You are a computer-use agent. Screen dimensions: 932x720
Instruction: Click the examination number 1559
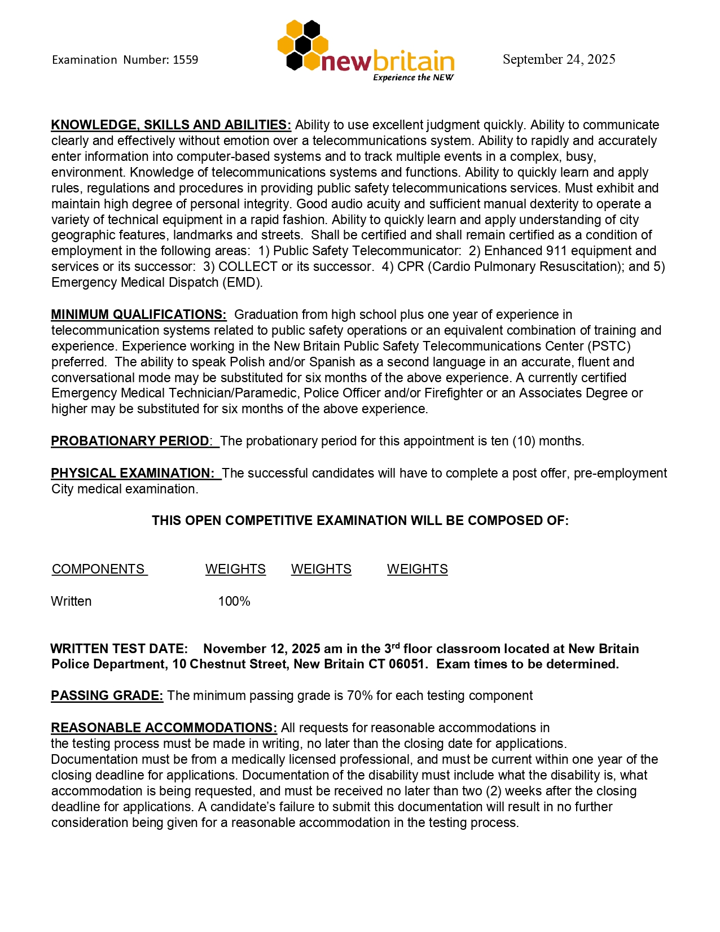pos(185,60)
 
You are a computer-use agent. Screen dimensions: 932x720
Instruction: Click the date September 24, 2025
pos(559,59)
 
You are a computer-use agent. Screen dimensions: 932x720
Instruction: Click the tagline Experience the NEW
pos(413,78)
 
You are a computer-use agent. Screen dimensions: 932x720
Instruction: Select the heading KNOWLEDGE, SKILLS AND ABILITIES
pos(171,125)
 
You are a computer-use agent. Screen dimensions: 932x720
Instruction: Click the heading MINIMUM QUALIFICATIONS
pos(139,314)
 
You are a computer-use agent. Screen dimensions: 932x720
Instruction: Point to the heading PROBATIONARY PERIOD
pos(130,441)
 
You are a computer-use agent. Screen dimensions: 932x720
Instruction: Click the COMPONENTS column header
pos(99,569)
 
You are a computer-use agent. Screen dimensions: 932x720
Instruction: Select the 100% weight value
pos(234,601)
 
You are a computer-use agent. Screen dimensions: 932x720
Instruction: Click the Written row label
pos(71,601)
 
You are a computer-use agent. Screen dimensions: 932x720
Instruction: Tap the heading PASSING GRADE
pos(107,695)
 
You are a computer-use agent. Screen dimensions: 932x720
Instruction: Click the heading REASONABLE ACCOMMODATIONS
pos(164,728)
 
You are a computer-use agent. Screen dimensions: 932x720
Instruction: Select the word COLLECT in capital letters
pos(248,266)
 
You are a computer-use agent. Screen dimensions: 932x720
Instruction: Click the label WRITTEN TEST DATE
pos(119,649)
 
